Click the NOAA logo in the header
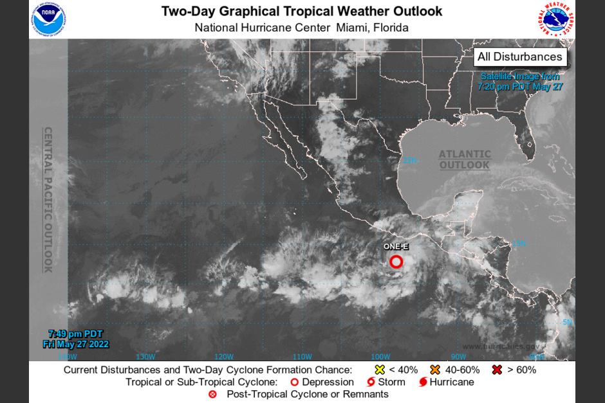pyautogui.click(x=48, y=19)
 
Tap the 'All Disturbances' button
pyautogui.click(x=519, y=57)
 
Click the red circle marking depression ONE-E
pyautogui.click(x=396, y=262)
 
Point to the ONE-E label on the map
pyautogui.click(x=396, y=247)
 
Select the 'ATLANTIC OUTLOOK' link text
pyautogui.click(x=465, y=159)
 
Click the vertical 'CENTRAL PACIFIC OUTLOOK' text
pyautogui.click(x=48, y=199)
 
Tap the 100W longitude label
pyautogui.click(x=380, y=357)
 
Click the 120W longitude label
pyautogui.click(x=223, y=357)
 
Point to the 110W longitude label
pyautogui.click(x=302, y=357)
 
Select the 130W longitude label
pyautogui.click(x=145, y=357)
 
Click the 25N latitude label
pyautogui.click(x=410, y=160)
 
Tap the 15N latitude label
pyautogui.click(x=519, y=243)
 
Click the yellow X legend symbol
pyautogui.click(x=380, y=370)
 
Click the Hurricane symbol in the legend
pyautogui.click(x=423, y=382)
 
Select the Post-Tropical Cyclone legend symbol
pyautogui.click(x=212, y=394)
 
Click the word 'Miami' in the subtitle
pyautogui.click(x=352, y=28)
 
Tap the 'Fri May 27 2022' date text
pyautogui.click(x=75, y=345)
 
